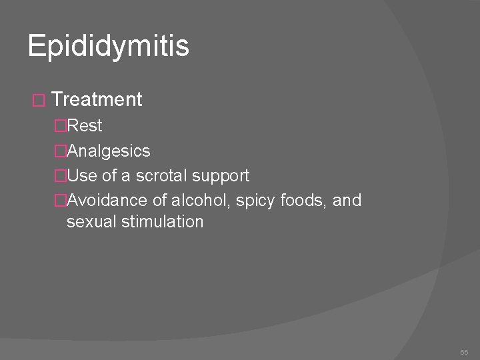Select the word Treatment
click(x=97, y=100)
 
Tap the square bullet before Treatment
click(x=38, y=101)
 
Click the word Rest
click(x=85, y=125)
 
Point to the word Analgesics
click(x=109, y=151)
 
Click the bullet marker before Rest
click(x=61, y=125)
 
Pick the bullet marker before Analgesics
click(x=61, y=151)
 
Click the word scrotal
click(x=163, y=176)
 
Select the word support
click(x=221, y=177)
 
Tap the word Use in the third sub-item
click(x=82, y=176)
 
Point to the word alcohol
click(x=200, y=200)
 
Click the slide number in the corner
click(x=463, y=350)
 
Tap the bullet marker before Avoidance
click(x=61, y=200)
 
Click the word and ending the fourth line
click(x=347, y=200)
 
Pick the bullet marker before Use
click(x=61, y=176)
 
